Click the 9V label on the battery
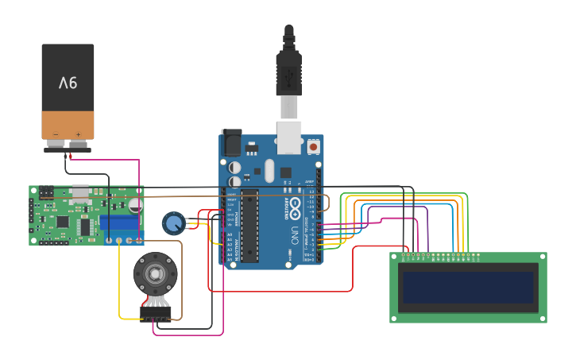pyautogui.click(x=68, y=83)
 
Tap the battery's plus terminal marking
pyautogui.click(x=78, y=134)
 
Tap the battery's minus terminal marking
pyautogui.click(x=56, y=134)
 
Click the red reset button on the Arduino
pyautogui.click(x=313, y=146)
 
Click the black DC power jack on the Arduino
pyautogui.click(x=231, y=142)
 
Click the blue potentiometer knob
pyautogui.click(x=172, y=223)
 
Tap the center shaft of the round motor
pyautogui.click(x=155, y=274)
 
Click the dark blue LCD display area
pyautogui.click(x=468, y=287)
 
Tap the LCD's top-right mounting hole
pyautogui.click(x=541, y=257)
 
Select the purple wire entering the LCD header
pyautogui.click(x=428, y=230)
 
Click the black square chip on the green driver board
pyautogui.click(x=85, y=226)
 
